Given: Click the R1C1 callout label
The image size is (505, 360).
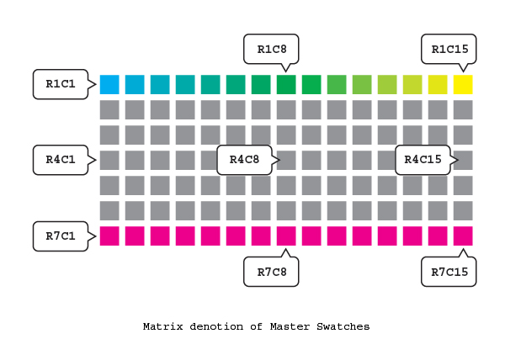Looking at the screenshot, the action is click(61, 84).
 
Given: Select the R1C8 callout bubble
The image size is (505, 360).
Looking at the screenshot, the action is click(271, 50).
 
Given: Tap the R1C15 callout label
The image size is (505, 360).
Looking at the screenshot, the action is click(449, 50).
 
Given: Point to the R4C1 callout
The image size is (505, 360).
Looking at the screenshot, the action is click(61, 160).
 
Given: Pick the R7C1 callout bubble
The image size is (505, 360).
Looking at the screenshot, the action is click(61, 236).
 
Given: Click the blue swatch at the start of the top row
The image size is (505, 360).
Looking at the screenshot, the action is click(109, 85).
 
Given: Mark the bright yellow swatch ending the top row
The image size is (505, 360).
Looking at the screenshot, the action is click(463, 85).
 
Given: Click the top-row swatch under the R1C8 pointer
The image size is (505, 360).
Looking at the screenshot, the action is click(286, 85).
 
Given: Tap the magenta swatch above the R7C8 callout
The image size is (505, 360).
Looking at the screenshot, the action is click(286, 236).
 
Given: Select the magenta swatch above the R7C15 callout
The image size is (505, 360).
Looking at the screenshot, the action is click(463, 236).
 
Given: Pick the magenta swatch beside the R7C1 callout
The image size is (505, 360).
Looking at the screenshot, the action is click(109, 236).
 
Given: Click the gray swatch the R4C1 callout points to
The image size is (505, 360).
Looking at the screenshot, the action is click(109, 160).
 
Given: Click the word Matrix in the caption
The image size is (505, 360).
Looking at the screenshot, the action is click(163, 326).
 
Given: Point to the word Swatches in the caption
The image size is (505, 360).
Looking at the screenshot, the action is click(343, 326).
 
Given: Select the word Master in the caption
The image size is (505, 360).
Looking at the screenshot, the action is click(290, 326).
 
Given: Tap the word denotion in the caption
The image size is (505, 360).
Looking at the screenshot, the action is click(216, 326).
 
